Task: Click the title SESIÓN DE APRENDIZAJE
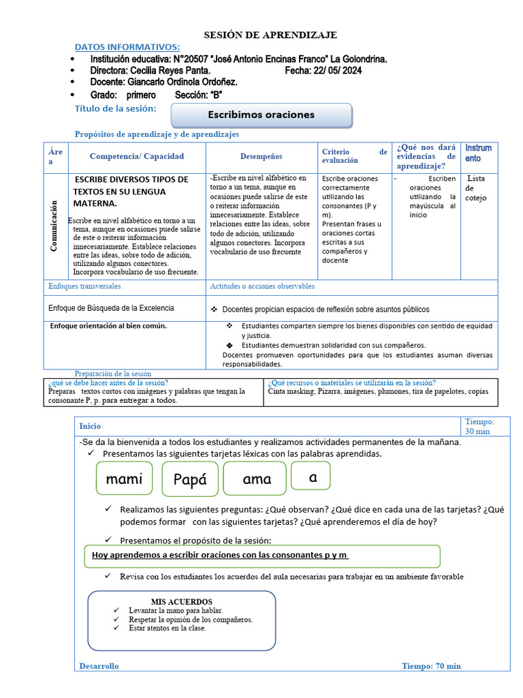coord(271,35)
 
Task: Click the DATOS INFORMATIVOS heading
coord(127,46)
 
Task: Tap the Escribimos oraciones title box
coord(261,115)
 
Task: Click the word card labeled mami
coord(124,479)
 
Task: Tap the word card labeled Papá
coord(189,479)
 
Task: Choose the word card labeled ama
coord(257,479)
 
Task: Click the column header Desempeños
coord(261,156)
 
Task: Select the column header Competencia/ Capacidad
coord(136,156)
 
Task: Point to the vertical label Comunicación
coord(54,226)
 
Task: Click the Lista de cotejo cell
coord(475,188)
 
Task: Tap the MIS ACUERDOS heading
coord(181,602)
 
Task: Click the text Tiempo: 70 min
coord(431,666)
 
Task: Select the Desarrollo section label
coord(99,666)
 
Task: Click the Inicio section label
coord(90,425)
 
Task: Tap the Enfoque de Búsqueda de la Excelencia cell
coord(111,308)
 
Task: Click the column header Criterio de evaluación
coord(354,156)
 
